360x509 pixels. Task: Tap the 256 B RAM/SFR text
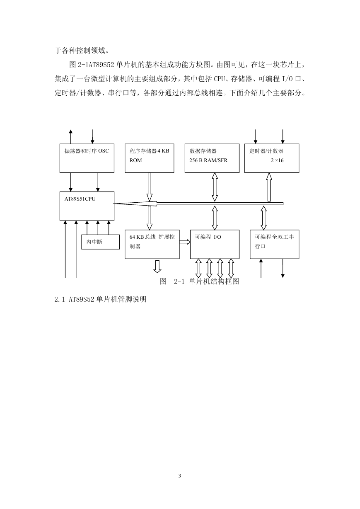click(x=208, y=160)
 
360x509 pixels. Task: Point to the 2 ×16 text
click(x=277, y=160)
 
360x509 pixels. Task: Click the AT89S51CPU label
click(x=80, y=199)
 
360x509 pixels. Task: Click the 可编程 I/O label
click(x=208, y=237)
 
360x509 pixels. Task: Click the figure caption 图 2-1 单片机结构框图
click(x=199, y=281)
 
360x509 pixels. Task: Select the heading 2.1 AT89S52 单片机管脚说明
click(x=100, y=299)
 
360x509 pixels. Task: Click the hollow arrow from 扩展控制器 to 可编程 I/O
click(x=185, y=242)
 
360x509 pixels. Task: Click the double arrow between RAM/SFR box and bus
click(x=215, y=187)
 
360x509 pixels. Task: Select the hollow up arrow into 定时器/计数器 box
click(x=269, y=187)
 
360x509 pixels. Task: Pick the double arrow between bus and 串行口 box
click(x=263, y=218)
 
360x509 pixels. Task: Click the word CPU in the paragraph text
click(x=219, y=79)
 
